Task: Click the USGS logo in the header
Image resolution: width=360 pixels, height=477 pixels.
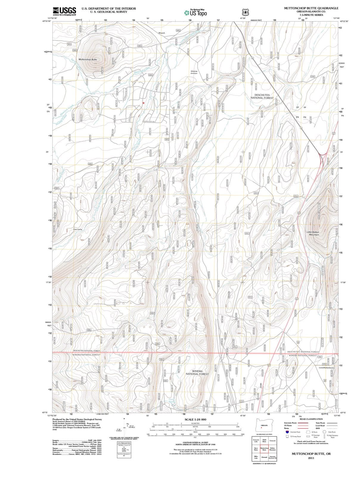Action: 64,11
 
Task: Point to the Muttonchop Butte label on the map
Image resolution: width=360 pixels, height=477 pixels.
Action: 88,60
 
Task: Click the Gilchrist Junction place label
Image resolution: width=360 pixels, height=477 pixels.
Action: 194,72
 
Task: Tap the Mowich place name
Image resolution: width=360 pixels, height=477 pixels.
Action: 162,33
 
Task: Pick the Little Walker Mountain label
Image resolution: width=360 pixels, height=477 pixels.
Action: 313,233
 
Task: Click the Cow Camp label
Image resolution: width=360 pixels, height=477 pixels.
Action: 77,229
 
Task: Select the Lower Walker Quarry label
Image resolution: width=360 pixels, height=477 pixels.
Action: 327,368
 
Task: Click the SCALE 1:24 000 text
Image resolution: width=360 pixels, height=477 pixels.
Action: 195,419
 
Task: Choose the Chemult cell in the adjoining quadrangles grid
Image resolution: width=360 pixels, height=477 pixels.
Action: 264,457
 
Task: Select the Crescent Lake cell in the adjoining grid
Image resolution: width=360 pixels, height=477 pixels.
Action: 256,441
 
